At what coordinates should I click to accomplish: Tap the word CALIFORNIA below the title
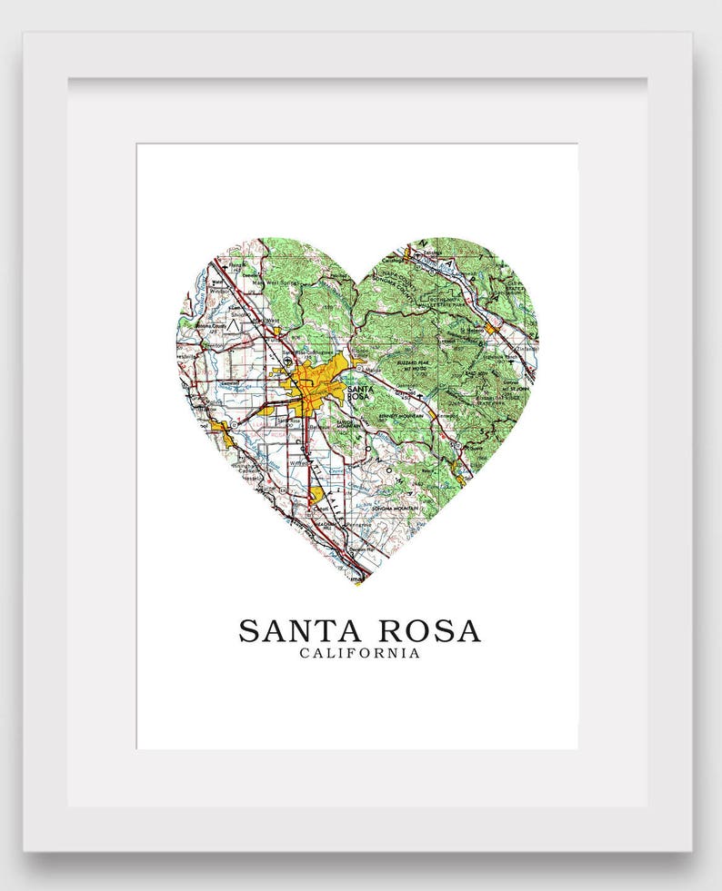360,653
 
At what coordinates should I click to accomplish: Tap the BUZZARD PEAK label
410,358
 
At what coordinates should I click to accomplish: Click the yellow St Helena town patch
492,327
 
